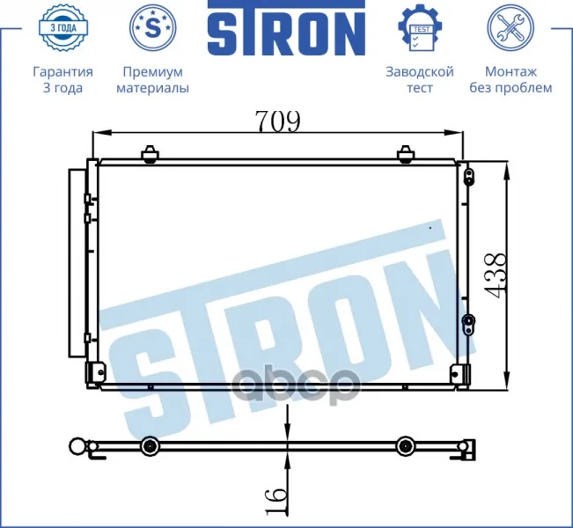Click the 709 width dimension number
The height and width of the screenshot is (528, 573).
[x=278, y=121]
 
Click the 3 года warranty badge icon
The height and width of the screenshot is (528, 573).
[x=62, y=27]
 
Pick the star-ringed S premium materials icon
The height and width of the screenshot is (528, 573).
[x=153, y=27]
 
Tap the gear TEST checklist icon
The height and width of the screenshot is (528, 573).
[x=420, y=27]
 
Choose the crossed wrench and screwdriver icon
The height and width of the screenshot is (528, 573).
[x=511, y=27]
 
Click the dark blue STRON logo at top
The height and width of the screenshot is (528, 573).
[x=287, y=28]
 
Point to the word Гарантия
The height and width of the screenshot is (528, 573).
[x=62, y=71]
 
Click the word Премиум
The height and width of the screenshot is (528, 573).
[x=153, y=71]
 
